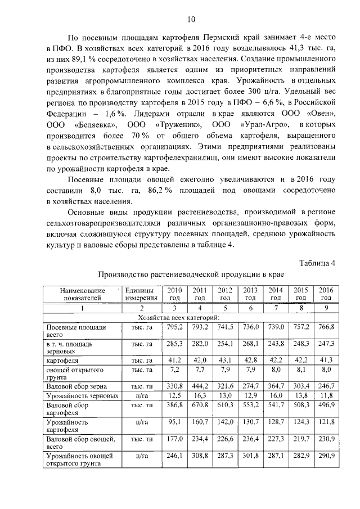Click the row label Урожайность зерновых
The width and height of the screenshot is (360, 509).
coord(82,396)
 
